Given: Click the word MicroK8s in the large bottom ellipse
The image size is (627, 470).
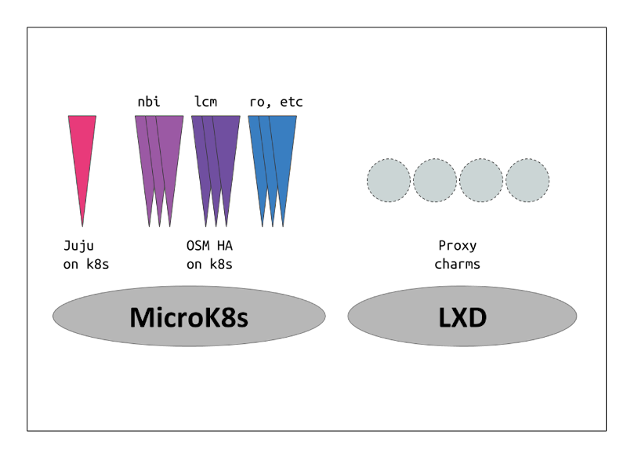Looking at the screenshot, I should (188, 317).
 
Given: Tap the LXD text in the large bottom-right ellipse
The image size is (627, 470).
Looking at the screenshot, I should (462, 317).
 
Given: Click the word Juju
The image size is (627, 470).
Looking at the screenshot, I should (78, 246).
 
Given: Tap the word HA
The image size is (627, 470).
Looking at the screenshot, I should (224, 246).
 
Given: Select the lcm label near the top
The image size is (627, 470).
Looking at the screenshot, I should (206, 103).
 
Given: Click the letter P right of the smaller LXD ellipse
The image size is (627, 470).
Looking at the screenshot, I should (442, 246).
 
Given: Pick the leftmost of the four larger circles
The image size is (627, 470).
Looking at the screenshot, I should (389, 180).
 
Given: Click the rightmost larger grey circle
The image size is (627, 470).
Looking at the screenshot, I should (527, 180).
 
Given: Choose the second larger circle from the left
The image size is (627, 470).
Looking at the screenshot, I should (435, 180).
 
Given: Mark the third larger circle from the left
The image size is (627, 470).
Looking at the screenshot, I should (481, 180).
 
